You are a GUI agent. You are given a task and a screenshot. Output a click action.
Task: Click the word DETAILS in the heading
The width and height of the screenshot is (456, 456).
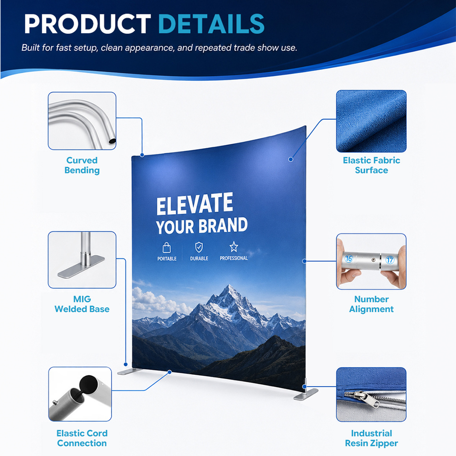click(x=211, y=24)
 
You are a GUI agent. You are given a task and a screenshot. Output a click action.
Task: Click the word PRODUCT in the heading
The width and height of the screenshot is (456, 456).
click(x=87, y=24)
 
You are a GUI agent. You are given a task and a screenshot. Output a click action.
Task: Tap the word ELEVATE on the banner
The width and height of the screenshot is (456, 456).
click(x=195, y=204)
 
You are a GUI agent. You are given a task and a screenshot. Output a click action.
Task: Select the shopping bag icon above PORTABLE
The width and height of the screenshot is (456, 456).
click(x=167, y=248)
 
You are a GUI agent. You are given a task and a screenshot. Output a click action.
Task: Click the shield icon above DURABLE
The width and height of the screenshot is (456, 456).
click(x=199, y=247)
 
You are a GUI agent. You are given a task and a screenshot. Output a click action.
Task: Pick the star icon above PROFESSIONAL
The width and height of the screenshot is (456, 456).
click(x=234, y=247)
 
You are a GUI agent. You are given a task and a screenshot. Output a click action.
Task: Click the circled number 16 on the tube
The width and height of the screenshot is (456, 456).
click(x=348, y=258)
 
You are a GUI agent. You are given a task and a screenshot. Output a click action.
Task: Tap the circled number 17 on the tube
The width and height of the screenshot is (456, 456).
click(x=389, y=260)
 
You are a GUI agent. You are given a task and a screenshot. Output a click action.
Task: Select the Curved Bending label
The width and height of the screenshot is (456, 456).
click(x=82, y=165)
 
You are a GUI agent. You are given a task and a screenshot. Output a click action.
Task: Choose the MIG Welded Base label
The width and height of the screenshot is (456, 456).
click(x=82, y=304)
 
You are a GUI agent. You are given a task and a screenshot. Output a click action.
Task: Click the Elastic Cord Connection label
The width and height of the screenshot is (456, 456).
click(x=82, y=438)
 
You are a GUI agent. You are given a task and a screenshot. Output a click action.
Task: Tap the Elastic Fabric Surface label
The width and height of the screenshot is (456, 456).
click(x=371, y=165)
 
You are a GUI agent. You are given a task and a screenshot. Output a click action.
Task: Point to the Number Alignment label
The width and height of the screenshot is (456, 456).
click(x=371, y=304)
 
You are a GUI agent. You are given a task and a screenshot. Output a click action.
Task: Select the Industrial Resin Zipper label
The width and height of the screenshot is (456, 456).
click(x=371, y=438)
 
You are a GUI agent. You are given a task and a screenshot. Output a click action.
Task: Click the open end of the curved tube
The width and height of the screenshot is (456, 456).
click(x=112, y=142)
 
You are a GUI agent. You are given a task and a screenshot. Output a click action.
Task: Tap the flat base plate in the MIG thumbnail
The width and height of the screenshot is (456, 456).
click(x=81, y=267)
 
